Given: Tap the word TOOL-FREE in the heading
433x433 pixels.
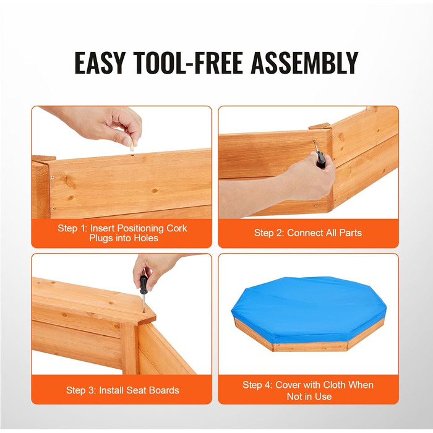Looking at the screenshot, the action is [x=188, y=63].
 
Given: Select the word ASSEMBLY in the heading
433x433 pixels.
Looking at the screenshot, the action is [x=304, y=63].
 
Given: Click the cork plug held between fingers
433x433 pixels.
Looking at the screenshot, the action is [x=132, y=146].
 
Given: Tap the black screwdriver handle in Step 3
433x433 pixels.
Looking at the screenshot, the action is [x=144, y=285].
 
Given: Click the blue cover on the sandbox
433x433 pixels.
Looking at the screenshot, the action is [x=309, y=309].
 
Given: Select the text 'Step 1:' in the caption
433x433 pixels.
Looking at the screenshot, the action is [x=72, y=228].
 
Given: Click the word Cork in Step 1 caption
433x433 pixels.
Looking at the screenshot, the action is [x=176, y=228].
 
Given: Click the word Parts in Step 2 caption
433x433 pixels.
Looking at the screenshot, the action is [x=351, y=233].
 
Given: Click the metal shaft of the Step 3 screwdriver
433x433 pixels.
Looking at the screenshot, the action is [x=144, y=302].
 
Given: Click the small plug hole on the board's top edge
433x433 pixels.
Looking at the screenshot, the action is [x=133, y=155].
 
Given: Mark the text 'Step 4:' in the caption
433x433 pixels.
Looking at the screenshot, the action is [x=258, y=385].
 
